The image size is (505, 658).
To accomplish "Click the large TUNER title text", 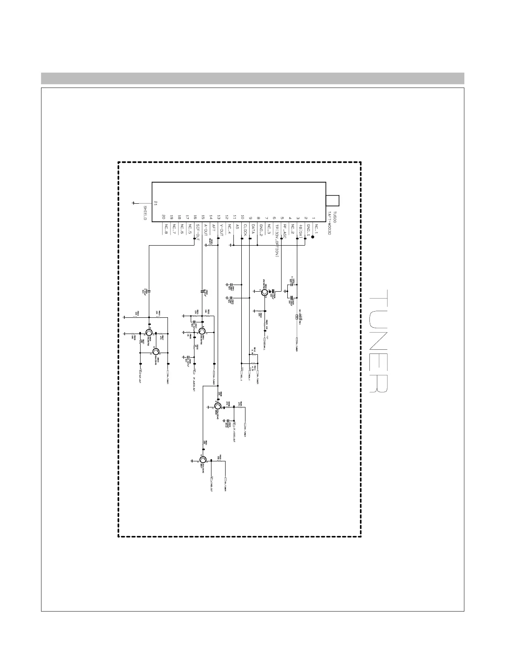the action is click(378, 341).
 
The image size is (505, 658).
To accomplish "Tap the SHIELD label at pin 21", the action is click(146, 212).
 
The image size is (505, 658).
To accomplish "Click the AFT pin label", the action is click(213, 228).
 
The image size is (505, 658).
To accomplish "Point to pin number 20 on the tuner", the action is click(164, 217).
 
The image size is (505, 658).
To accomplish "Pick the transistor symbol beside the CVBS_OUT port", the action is click(203, 460).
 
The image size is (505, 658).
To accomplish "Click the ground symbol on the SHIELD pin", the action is click(133, 203).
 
